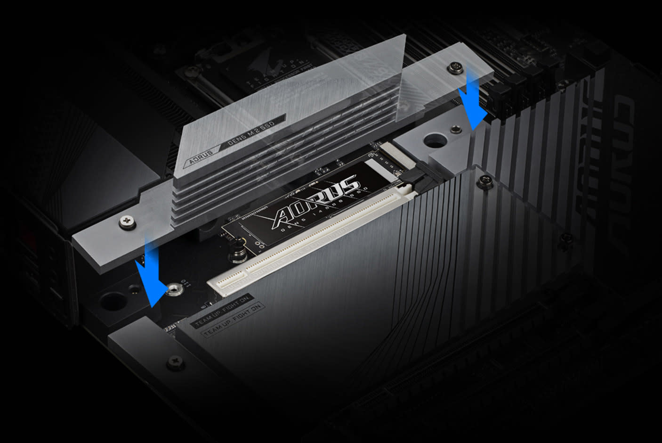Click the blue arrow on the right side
tap(473, 101)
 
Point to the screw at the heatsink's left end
tap(127, 220)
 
